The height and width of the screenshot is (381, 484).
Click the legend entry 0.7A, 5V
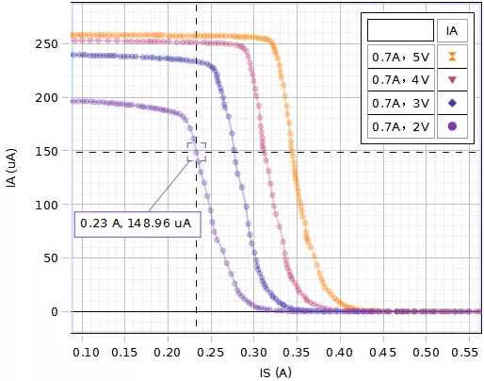(x=400, y=57)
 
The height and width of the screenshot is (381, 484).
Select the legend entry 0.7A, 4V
(x=400, y=80)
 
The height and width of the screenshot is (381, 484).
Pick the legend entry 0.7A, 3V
(x=400, y=103)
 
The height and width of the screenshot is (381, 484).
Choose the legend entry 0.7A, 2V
(x=400, y=125)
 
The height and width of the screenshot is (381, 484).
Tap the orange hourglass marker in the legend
(x=452, y=57)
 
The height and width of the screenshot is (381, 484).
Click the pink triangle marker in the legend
(x=452, y=80)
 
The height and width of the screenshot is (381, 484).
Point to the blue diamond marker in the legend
(x=452, y=103)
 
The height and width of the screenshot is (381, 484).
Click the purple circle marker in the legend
(x=452, y=125)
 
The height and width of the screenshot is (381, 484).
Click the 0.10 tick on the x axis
(x=86, y=351)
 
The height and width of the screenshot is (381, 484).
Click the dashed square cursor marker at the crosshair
(x=196, y=152)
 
